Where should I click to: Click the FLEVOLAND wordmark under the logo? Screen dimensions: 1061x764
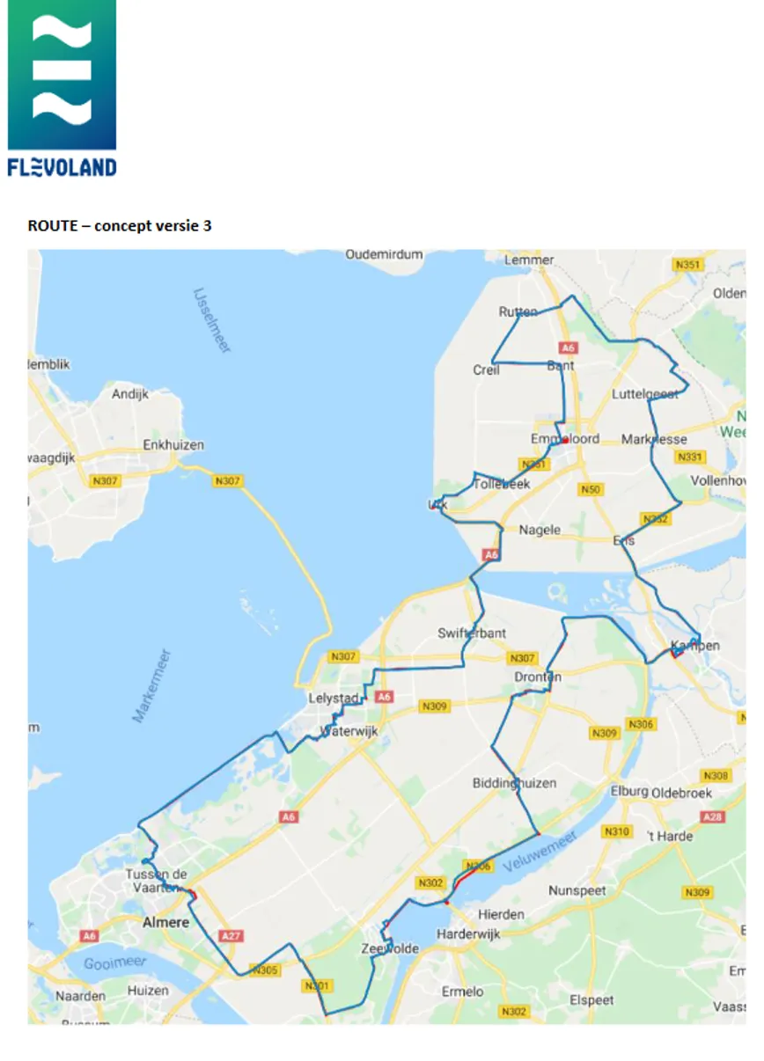tap(62, 167)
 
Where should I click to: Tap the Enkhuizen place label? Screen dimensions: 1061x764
tap(173, 445)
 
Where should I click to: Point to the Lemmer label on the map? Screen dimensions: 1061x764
tap(529, 260)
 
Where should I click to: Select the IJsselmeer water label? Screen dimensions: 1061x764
tap(212, 320)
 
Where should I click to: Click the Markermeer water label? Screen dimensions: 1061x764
tap(151, 686)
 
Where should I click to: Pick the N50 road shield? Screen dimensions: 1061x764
tap(590, 489)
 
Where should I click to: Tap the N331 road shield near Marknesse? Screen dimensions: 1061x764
tap(689, 457)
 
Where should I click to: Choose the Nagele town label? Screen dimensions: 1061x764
tap(540, 530)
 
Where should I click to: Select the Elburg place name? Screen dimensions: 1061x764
tap(628, 790)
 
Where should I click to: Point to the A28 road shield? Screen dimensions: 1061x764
tap(714, 818)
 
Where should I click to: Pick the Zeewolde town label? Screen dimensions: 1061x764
tap(390, 949)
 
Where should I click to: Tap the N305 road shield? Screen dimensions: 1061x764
tap(264, 970)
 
